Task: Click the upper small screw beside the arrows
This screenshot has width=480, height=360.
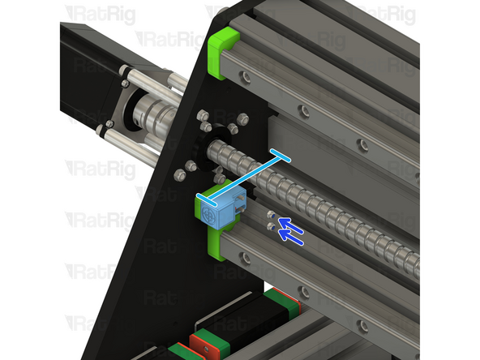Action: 271,213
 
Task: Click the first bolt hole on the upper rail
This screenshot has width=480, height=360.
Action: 243,75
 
